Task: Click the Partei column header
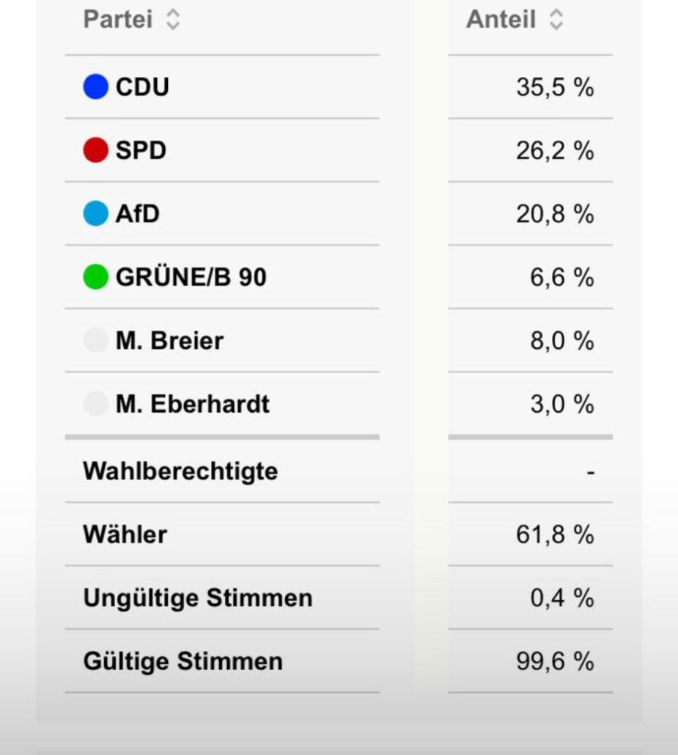pyautogui.click(x=118, y=19)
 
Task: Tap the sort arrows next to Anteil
pyautogui.click(x=556, y=19)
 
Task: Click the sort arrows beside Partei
pyautogui.click(x=173, y=19)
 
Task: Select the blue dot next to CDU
pyautogui.click(x=96, y=87)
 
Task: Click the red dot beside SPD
pyautogui.click(x=96, y=150)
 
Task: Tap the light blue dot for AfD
pyautogui.click(x=96, y=214)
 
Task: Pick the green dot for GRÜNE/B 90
pyautogui.click(x=96, y=277)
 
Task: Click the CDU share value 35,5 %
pyautogui.click(x=555, y=87)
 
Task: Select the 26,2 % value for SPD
pyautogui.click(x=555, y=150)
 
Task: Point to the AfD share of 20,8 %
pyautogui.click(x=555, y=214)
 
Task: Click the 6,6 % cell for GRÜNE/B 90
pyautogui.click(x=562, y=277)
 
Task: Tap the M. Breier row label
pyautogui.click(x=169, y=341)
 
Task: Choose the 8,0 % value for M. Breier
pyautogui.click(x=562, y=341)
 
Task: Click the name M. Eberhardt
pyautogui.click(x=193, y=404)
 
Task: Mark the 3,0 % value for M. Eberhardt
pyautogui.click(x=562, y=404)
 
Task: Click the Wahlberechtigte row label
pyautogui.click(x=180, y=471)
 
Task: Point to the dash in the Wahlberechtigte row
pyautogui.click(x=591, y=472)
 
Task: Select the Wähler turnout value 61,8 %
pyautogui.click(x=555, y=534)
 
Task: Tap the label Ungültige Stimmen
pyautogui.click(x=198, y=598)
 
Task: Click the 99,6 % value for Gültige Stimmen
pyautogui.click(x=555, y=661)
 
